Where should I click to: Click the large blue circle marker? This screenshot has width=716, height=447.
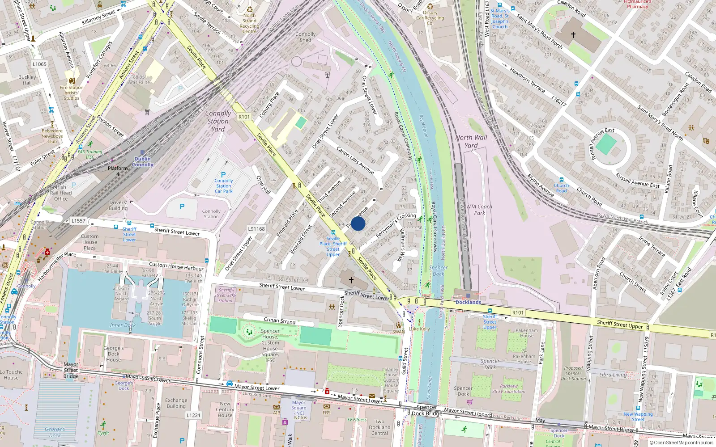(x=358, y=223)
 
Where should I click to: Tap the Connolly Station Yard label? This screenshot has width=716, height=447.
(x=218, y=121)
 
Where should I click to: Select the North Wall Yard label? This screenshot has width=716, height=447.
(x=471, y=141)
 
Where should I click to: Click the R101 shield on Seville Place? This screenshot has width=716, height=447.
(x=244, y=117)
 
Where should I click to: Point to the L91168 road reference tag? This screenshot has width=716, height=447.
(x=256, y=229)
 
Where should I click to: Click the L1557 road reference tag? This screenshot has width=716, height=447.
(x=78, y=221)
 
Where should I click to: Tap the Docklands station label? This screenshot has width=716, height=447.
(x=468, y=302)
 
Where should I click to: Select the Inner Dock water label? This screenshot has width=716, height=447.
(x=123, y=325)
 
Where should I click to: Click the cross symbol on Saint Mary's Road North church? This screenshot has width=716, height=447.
(x=573, y=34)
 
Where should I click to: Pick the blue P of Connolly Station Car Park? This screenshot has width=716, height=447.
(x=223, y=175)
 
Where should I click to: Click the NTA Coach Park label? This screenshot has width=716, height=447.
(x=479, y=210)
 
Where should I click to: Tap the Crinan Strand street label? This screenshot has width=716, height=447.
(x=280, y=320)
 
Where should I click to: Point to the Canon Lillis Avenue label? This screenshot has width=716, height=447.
(x=355, y=160)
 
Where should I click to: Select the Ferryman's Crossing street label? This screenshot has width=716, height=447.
(x=396, y=225)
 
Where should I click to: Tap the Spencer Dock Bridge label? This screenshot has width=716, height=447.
(x=427, y=410)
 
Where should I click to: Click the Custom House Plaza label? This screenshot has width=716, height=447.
(x=89, y=242)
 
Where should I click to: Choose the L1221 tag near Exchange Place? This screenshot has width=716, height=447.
(x=193, y=415)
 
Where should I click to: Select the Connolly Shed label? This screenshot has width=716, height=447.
(x=305, y=37)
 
